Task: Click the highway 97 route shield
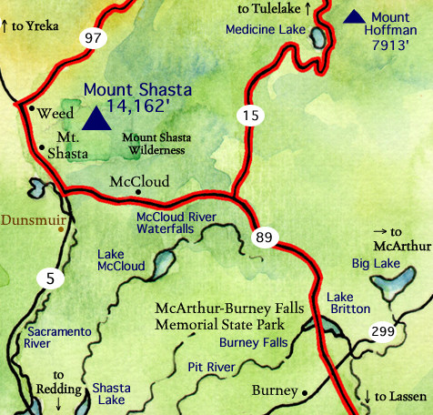pyautogui.click(x=92, y=37)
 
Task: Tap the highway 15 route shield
pyautogui.click(x=249, y=115)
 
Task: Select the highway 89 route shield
pyautogui.click(x=264, y=238)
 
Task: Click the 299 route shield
pyautogui.click(x=383, y=332)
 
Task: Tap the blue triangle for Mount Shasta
pyautogui.click(x=94, y=117)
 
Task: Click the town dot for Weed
pyautogui.click(x=33, y=109)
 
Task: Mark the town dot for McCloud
pyautogui.click(x=137, y=192)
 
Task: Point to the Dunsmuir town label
pyautogui.click(x=30, y=220)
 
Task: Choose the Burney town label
pyautogui.click(x=274, y=390)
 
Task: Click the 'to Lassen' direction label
pyautogui.click(x=393, y=397)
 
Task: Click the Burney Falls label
pyautogui.click(x=254, y=343)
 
